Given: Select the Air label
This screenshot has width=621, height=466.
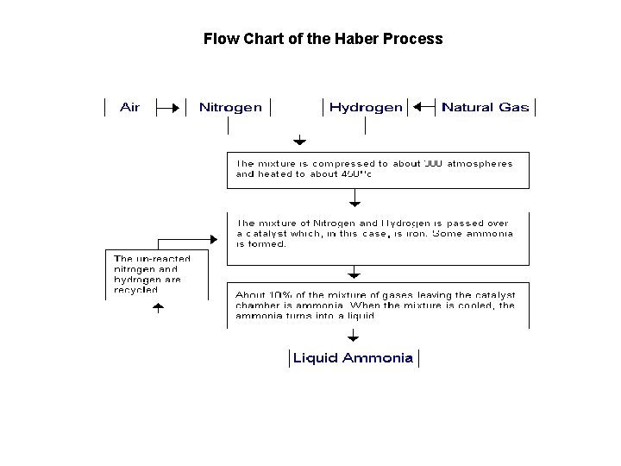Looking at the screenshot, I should (129, 108).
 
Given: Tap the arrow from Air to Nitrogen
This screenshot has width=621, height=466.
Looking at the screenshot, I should (171, 108).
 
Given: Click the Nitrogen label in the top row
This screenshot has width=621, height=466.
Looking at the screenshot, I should (230, 108).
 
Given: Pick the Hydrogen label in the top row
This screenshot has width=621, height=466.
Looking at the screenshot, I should (366, 108).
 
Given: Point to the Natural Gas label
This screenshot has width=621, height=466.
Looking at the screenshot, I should (485, 108).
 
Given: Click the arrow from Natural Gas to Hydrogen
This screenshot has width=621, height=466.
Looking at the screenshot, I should (423, 108).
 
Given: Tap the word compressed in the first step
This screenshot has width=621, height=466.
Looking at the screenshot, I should (342, 163).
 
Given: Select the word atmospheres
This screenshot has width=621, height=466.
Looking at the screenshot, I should (480, 163).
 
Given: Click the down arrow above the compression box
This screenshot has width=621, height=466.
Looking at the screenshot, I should (299, 140).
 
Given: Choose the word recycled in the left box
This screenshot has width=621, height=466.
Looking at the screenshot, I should (135, 290).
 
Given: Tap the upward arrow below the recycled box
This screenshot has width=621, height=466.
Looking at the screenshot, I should (157, 309).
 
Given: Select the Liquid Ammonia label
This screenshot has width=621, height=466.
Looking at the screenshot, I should (353, 358).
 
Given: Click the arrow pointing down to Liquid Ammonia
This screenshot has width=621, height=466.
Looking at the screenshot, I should (353, 337).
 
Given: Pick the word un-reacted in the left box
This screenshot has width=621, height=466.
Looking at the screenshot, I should (152, 259).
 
